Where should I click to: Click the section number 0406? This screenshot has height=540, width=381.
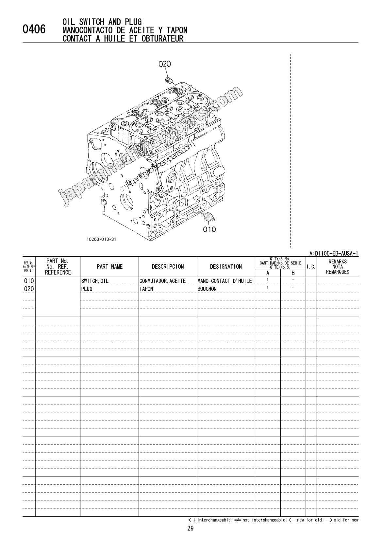point(34,30)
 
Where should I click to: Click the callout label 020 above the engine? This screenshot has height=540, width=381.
point(164,64)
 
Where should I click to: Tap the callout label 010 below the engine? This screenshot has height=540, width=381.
point(209,229)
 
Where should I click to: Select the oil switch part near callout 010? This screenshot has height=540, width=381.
point(208,216)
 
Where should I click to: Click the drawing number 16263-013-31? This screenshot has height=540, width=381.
point(102,239)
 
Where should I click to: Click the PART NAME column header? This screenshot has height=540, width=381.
point(109,267)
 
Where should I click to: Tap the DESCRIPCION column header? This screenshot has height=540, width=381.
point(168,267)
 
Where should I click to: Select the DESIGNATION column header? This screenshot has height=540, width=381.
point(226,267)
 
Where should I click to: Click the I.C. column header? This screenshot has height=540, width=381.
point(311,267)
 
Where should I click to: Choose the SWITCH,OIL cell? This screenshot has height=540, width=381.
point(95,281)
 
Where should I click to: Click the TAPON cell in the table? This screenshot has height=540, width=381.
point(146,289)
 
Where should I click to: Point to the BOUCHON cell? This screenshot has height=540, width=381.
point(207,289)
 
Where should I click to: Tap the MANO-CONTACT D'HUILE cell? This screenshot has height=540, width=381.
point(224,281)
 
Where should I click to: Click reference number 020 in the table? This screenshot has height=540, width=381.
point(29,289)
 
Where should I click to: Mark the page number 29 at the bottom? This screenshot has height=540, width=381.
point(190,528)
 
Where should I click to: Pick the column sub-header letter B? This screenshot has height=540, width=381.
point(293,273)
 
